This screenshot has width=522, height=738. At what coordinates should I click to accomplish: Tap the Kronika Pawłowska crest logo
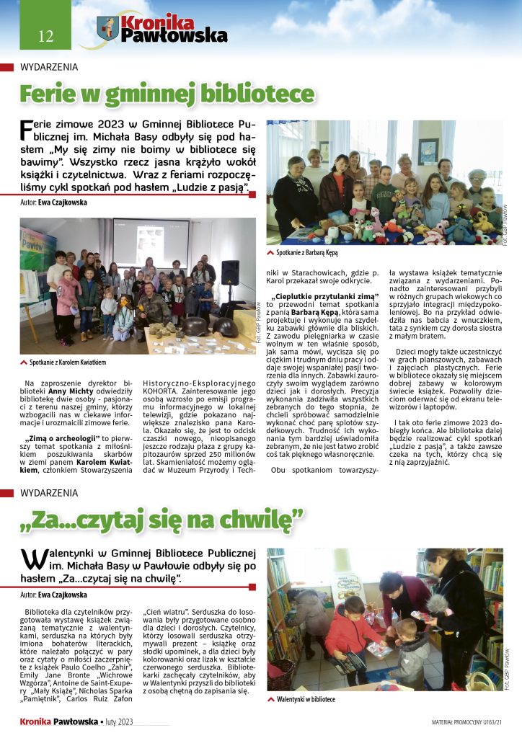107,29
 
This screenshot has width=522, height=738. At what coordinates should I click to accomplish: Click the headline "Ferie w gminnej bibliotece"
166,94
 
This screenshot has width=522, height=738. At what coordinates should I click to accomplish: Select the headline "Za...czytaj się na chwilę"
162,517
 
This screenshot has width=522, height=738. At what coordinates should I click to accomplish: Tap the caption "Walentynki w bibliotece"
306,699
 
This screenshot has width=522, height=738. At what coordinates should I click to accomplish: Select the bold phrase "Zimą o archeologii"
60,438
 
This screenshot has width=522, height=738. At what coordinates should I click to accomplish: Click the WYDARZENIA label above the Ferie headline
49,67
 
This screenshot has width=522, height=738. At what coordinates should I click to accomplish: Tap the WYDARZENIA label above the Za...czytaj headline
49,493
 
